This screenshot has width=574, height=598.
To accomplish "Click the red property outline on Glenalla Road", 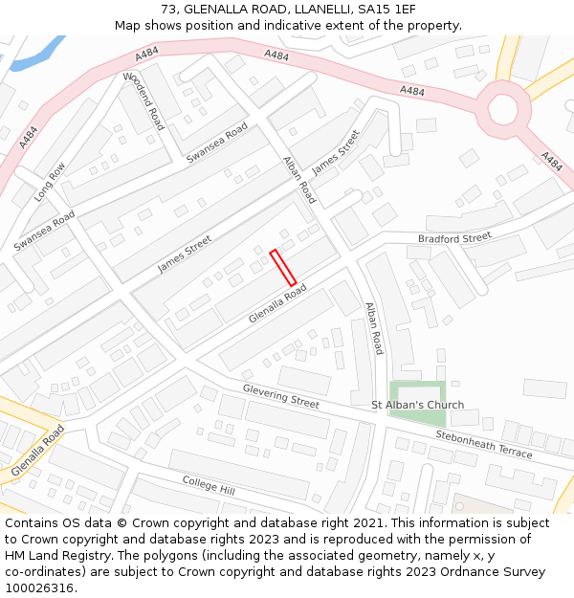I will (283, 267).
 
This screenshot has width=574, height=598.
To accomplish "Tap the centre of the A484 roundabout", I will (503, 103).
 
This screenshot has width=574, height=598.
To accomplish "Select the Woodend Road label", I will (143, 100).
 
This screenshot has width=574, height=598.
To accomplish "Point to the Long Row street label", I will (50, 181).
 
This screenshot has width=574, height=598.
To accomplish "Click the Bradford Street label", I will (454, 237).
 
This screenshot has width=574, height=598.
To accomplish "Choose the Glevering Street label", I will (280, 396).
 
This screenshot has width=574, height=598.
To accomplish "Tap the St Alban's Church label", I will (417, 405).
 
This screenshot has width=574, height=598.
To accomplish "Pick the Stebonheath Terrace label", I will (483, 444).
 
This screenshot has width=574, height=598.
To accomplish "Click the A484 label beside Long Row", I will (29, 137).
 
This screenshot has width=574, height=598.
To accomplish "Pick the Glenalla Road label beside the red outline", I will (277, 302).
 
